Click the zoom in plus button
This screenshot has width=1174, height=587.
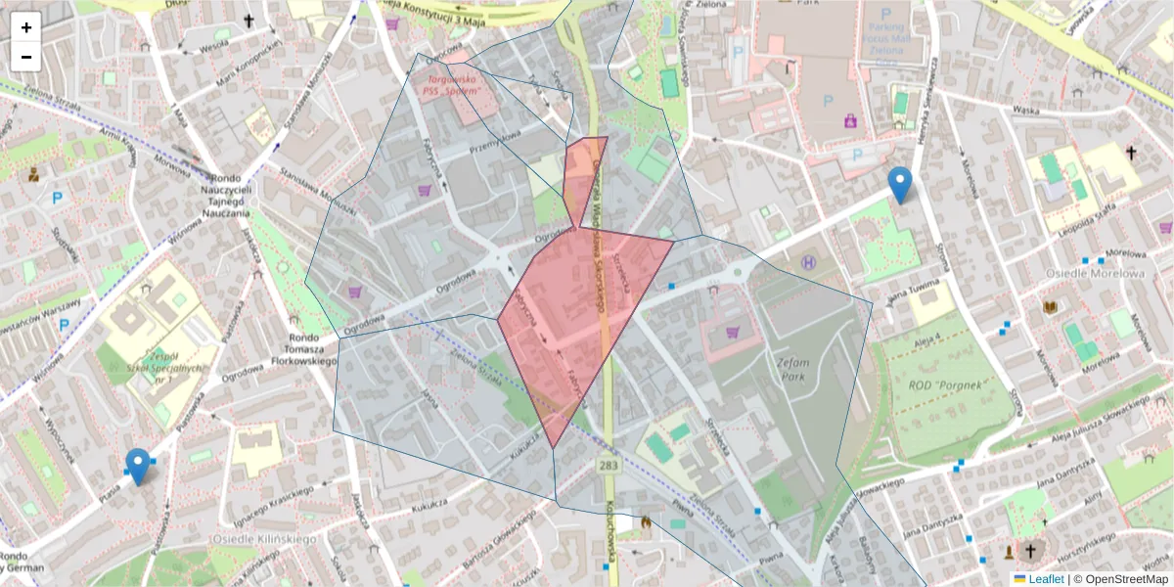pos(26,27)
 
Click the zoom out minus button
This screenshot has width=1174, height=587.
pos(26,57)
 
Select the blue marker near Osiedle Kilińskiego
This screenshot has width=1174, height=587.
pos(138,467)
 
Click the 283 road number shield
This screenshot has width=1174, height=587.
pos(609,466)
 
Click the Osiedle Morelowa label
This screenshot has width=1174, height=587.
pos(1094,273)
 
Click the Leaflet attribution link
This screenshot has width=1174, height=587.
pos(1045,579)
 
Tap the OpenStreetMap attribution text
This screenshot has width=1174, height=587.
pos(1120,579)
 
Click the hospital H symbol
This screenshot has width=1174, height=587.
pos(809,262)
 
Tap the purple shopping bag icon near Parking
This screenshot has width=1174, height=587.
pos(849,121)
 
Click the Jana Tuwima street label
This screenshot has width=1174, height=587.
pos(913,291)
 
